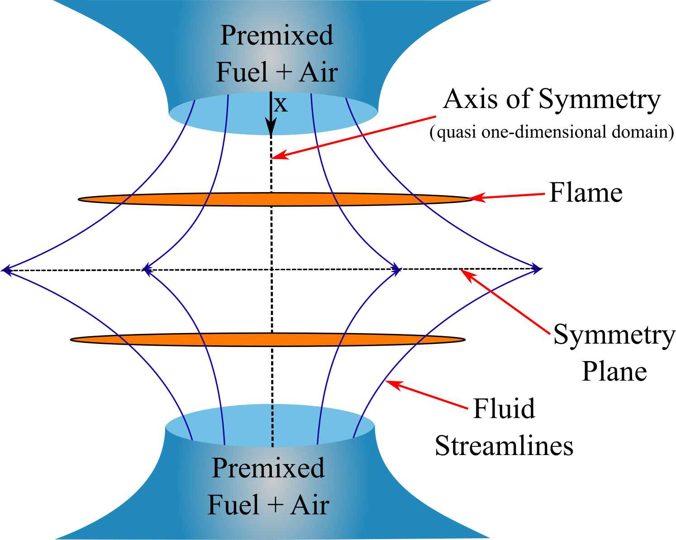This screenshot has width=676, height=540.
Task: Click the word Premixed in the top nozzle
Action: tap(276, 36)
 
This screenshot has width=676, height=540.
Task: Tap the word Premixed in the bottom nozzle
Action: tap(268, 468)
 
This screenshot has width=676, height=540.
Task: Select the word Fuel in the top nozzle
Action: tap(242, 72)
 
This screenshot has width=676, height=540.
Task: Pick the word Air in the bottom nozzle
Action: tap(310, 505)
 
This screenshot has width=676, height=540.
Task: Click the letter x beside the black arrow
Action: tap(281, 105)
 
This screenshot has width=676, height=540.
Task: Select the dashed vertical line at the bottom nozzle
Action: tap(272, 426)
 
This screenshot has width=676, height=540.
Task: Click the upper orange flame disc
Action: tap(275, 199)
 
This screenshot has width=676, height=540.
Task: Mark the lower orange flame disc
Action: tap(268, 340)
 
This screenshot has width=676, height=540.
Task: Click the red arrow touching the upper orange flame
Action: tap(507, 196)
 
